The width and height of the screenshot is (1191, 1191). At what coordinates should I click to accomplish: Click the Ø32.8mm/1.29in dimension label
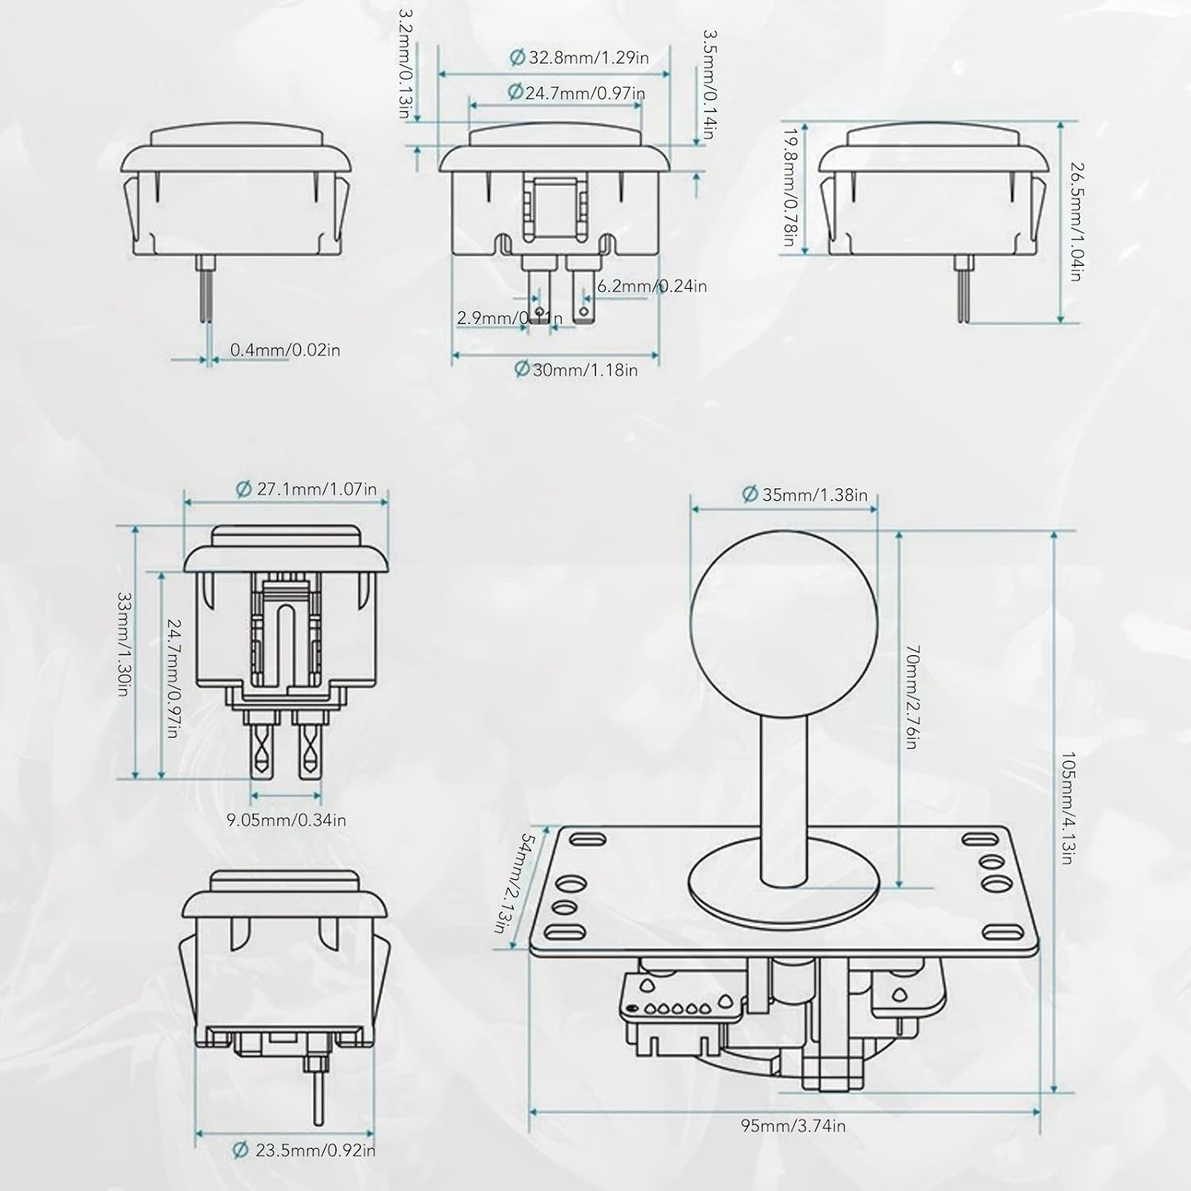point(579,58)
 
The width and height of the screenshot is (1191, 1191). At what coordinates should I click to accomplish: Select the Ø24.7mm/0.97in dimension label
point(576,93)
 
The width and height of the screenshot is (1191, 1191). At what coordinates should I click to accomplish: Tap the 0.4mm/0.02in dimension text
point(285,349)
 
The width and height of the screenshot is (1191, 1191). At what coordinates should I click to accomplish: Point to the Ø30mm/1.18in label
point(576,369)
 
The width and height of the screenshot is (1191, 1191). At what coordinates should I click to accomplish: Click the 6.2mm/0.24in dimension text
point(652,286)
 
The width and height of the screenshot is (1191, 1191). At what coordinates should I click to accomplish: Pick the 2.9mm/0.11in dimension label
point(510,318)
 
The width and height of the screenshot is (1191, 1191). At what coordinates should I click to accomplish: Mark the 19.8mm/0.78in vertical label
point(789,188)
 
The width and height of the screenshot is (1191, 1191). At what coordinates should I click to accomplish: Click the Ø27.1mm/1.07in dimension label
point(306,489)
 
